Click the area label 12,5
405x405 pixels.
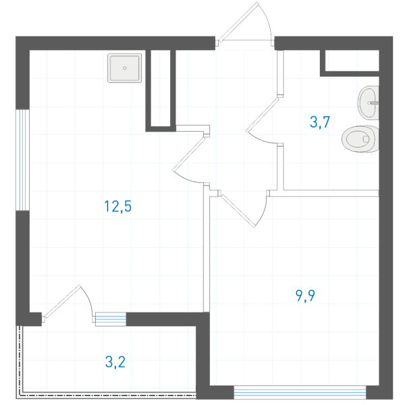(x=118, y=207)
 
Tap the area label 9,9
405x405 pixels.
(x=305, y=296)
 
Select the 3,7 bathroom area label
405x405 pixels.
(x=320, y=122)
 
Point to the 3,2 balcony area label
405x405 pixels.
(x=115, y=362)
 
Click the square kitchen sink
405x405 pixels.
(x=124, y=68)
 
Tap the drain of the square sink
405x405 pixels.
(x=125, y=68)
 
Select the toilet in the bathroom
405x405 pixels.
(x=360, y=138)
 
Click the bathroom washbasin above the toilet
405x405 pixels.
(x=369, y=103)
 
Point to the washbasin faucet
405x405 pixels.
(x=373, y=103)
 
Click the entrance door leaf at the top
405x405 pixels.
(x=238, y=21)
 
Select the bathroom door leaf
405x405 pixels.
(x=263, y=115)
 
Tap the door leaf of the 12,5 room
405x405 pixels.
(x=189, y=154)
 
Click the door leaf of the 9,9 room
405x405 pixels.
(x=238, y=211)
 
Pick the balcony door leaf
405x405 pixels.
(x=63, y=301)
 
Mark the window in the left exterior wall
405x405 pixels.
(x=22, y=160)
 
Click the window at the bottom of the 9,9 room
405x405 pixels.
(x=300, y=393)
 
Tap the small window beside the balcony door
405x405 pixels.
(x=111, y=319)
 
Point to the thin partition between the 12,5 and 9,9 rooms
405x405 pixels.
(x=206, y=248)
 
